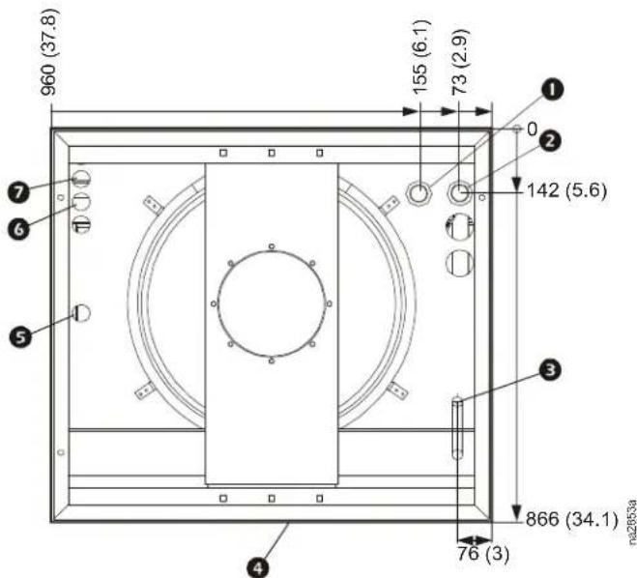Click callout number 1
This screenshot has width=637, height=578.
(551, 90)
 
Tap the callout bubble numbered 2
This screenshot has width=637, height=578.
(550, 142)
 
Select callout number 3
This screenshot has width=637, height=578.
(550, 370)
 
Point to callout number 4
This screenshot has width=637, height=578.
(258, 567)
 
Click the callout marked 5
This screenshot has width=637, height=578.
(20, 336)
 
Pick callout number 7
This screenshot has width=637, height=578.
(19, 192)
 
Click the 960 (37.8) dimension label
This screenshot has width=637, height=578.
(49, 52)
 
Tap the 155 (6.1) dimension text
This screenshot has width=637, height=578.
(420, 57)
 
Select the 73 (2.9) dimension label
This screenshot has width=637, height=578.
(461, 62)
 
